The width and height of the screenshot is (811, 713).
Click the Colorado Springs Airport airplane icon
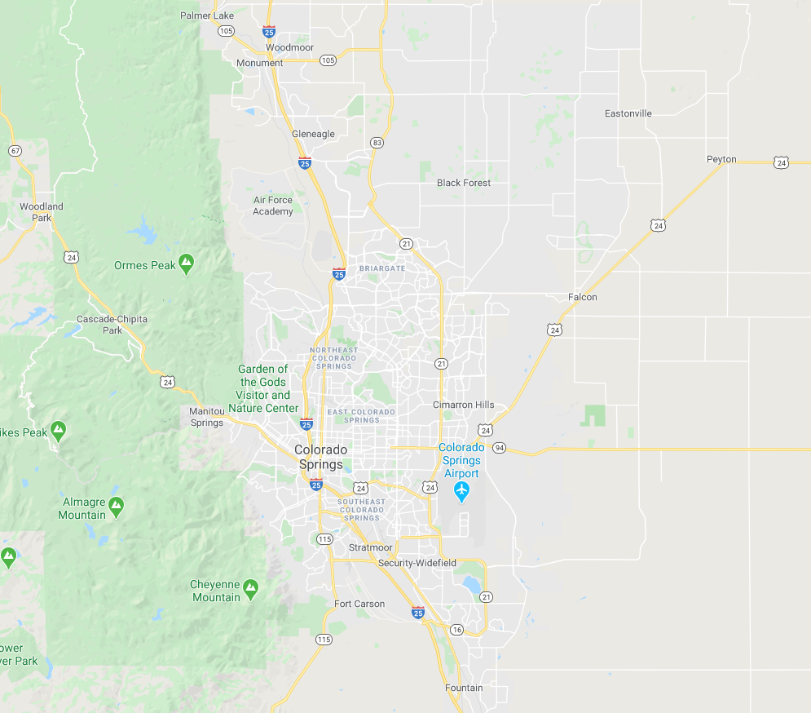[462, 491]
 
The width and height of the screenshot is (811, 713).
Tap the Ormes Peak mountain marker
[187, 263]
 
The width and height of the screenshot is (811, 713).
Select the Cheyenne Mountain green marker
[250, 587]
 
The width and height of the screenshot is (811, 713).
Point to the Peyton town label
[721, 159]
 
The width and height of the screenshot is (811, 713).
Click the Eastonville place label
[628, 113]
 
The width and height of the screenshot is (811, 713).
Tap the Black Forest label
[464, 183]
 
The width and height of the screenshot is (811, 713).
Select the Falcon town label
[583, 297]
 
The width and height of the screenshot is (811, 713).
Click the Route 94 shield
[500, 448]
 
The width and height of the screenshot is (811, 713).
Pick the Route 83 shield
[377, 142]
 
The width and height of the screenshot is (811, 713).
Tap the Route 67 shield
[15, 151]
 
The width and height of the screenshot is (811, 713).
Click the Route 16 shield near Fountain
[456, 630]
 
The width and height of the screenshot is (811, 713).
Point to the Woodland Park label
[42, 212]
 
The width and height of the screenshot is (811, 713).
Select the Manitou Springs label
[206, 417]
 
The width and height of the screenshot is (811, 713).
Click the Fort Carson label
[359, 604]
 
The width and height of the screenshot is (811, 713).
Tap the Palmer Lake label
[207, 15]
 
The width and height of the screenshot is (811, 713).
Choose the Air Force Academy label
[273, 206]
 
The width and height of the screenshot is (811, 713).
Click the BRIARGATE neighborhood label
[381, 268]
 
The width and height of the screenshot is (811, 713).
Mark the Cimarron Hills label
[464, 405]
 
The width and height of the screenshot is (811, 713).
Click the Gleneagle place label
[313, 134]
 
